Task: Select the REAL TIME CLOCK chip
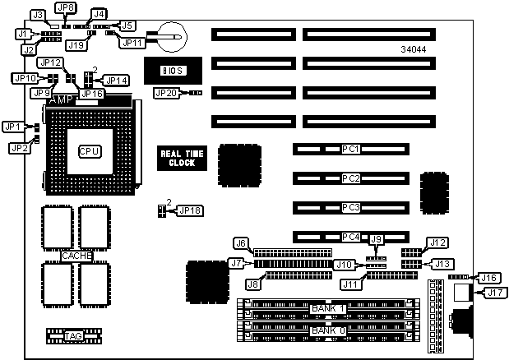(x=177, y=158)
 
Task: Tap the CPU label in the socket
(x=89, y=151)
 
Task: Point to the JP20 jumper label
(x=165, y=93)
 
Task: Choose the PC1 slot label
(x=351, y=150)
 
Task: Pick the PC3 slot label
(x=351, y=207)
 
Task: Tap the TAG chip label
(x=73, y=336)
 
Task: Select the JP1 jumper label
(x=12, y=127)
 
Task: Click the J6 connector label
(x=241, y=242)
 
